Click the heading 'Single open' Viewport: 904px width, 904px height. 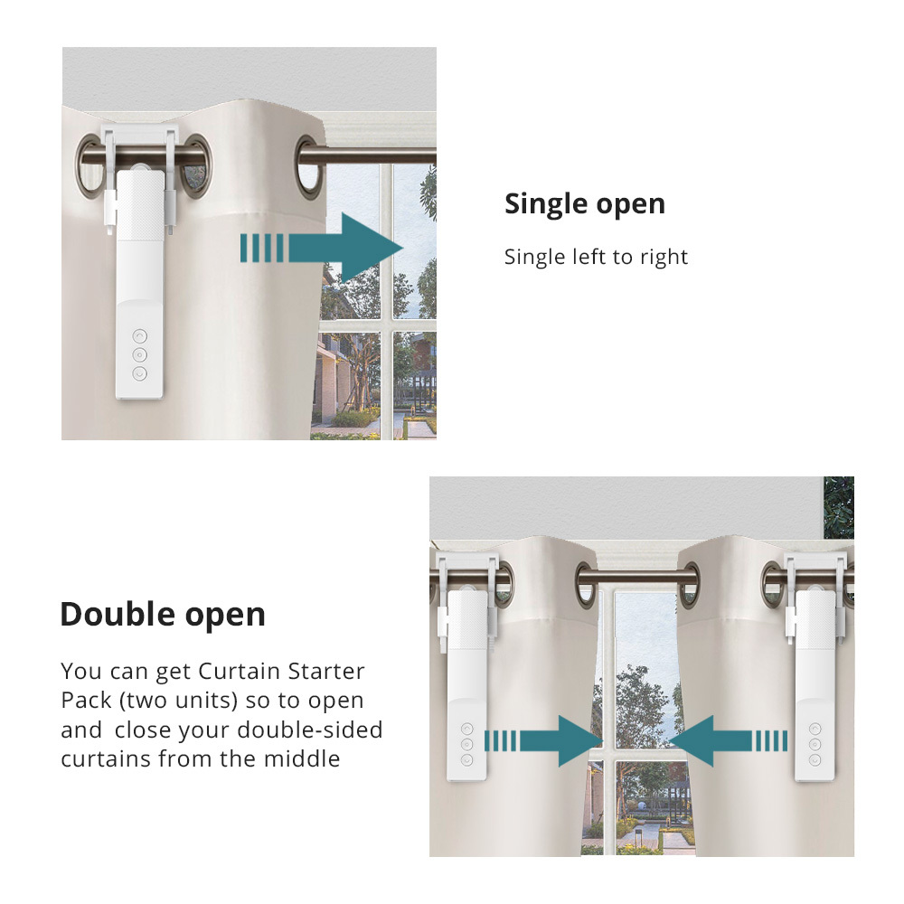tap(584, 204)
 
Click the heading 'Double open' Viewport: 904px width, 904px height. tap(163, 615)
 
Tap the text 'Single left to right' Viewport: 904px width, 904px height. tap(596, 257)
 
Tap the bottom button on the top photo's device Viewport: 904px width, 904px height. tap(139, 373)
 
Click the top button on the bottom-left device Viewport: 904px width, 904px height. tap(467, 728)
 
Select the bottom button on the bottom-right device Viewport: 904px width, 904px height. tap(815, 759)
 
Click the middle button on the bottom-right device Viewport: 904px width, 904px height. tap(815, 743)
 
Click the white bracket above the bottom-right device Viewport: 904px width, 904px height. tap(817, 569)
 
